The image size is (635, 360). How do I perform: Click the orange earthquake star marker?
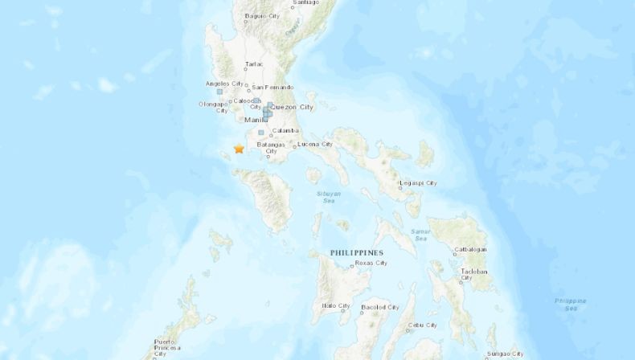(x=239, y=149)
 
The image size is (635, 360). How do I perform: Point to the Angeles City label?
(x=226, y=84)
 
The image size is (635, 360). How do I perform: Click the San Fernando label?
(x=272, y=87)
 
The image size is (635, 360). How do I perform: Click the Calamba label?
(x=286, y=130)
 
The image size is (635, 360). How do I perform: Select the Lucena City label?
(x=315, y=145)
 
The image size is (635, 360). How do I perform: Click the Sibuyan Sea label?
(x=322, y=197)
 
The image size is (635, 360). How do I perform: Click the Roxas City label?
(x=371, y=263)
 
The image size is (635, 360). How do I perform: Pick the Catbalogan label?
(x=472, y=249)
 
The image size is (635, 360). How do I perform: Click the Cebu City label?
(x=422, y=325)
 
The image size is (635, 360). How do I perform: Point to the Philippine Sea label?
(x=571, y=304)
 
